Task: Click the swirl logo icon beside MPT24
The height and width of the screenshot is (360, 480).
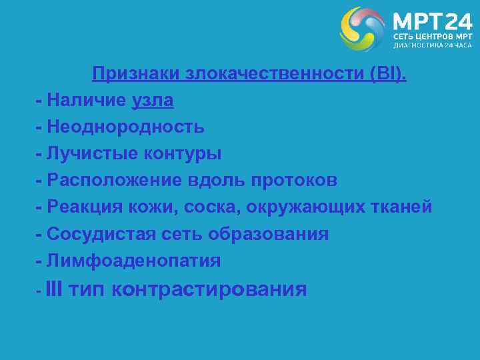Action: (363, 29)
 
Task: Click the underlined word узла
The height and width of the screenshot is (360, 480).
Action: (153, 101)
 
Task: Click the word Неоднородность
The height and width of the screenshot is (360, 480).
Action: (126, 127)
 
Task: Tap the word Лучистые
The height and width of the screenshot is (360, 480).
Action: (93, 154)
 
